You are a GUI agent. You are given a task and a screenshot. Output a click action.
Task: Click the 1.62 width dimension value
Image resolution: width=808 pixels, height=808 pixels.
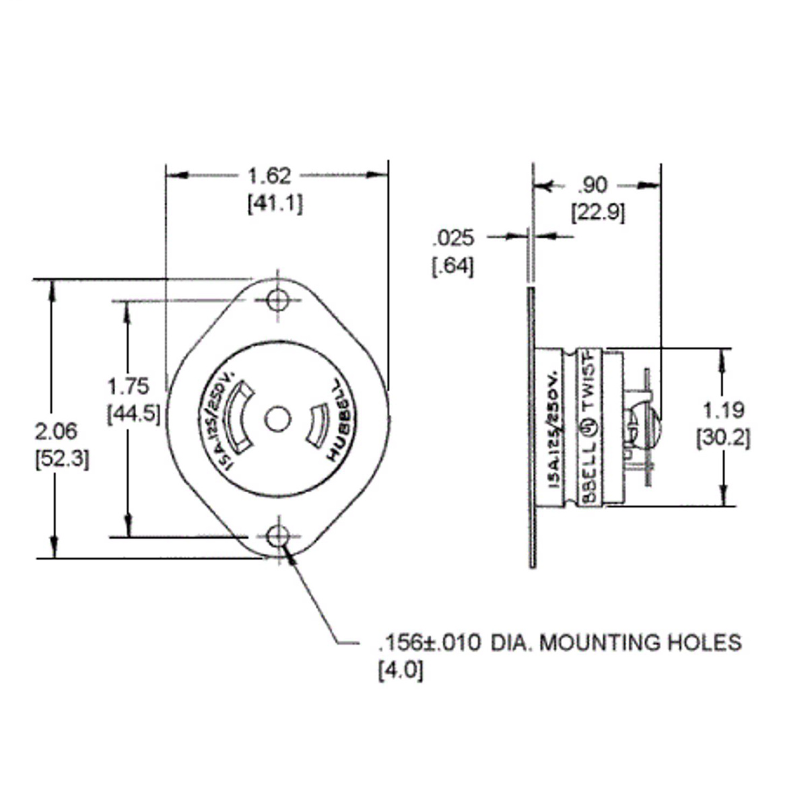269,176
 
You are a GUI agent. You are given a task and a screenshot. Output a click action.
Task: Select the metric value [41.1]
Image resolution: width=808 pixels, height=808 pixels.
275,203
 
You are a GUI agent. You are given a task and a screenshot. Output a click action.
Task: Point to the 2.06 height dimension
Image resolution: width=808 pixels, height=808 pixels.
56,431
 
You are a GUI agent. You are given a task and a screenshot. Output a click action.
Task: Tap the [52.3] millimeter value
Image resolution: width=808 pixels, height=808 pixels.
61,459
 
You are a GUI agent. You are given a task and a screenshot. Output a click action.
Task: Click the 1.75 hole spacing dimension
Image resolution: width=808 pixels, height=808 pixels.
127,386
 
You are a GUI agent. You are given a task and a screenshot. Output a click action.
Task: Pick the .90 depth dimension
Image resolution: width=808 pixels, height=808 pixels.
593,184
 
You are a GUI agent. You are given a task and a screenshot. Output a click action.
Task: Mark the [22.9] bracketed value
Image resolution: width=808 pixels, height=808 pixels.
598,213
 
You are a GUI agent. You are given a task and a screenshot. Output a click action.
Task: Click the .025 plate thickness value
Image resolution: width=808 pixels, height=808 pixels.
453,238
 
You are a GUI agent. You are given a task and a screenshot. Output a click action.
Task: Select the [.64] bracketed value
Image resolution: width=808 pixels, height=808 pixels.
452,266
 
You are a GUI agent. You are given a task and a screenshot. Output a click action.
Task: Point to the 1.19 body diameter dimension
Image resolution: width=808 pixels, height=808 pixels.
723,409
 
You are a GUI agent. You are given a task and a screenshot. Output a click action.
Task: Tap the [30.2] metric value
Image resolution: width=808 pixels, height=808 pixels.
723,438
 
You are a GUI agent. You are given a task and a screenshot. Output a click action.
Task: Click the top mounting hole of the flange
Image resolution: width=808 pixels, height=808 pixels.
277,300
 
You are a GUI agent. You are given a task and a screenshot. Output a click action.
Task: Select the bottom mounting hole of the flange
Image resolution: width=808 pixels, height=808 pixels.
277,537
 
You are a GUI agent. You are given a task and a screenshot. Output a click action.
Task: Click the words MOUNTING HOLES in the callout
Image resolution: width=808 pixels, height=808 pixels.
640,643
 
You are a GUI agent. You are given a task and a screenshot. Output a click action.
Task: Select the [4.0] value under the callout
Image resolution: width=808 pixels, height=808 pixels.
401,671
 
